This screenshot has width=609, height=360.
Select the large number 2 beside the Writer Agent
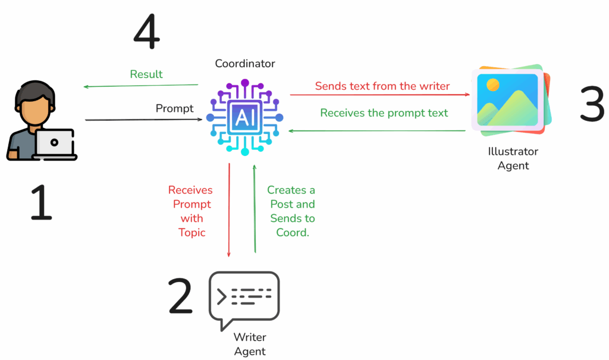(181, 297)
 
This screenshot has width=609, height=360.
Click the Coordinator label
(245, 64)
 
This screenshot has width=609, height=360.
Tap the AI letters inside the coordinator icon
(244, 117)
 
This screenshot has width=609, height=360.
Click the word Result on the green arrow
(146, 74)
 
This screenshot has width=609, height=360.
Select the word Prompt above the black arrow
(174, 108)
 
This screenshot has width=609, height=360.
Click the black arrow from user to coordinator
(143, 120)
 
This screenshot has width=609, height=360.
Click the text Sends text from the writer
(382, 86)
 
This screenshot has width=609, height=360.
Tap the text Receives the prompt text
(384, 112)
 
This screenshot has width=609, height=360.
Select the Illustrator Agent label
(513, 158)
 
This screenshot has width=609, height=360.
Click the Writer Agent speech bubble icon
(244, 298)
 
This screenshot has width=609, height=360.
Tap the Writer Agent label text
(250, 344)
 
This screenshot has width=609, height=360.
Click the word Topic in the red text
(192, 233)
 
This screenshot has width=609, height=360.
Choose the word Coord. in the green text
(293, 233)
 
